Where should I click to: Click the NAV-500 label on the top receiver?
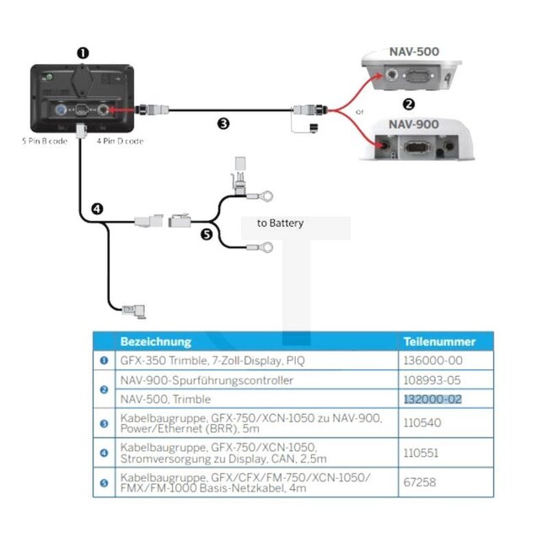[414, 51]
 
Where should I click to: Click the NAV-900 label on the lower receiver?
[414, 124]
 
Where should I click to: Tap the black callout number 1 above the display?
[83, 52]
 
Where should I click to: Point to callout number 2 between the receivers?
[409, 105]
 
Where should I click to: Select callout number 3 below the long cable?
[223, 123]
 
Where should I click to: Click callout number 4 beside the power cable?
[97, 208]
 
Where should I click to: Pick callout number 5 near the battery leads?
[207, 235]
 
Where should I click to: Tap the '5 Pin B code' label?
[45, 141]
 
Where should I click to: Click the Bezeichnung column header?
[156, 341]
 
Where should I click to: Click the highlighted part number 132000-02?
[432, 399]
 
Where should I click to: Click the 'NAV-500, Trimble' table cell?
[165, 399]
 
